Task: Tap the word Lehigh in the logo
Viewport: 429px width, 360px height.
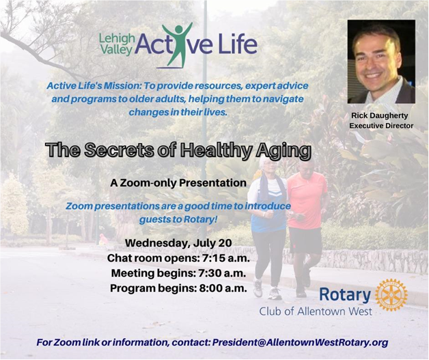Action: (x=117, y=40)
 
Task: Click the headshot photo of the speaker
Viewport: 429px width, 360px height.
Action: (x=381, y=61)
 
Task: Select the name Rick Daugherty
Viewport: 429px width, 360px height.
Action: (x=380, y=115)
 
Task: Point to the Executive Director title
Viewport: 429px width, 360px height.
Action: (x=381, y=126)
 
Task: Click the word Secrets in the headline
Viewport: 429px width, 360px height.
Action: (x=119, y=150)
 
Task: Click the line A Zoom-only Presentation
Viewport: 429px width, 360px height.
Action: (x=178, y=183)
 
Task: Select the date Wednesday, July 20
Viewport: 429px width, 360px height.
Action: (x=178, y=243)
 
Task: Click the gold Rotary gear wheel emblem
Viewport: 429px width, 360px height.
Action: (x=391, y=295)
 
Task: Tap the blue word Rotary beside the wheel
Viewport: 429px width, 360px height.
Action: (x=345, y=295)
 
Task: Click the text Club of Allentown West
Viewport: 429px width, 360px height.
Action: (x=316, y=311)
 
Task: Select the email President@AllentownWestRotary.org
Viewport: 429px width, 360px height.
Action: (x=300, y=342)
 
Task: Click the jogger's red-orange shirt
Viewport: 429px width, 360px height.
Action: (x=307, y=200)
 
